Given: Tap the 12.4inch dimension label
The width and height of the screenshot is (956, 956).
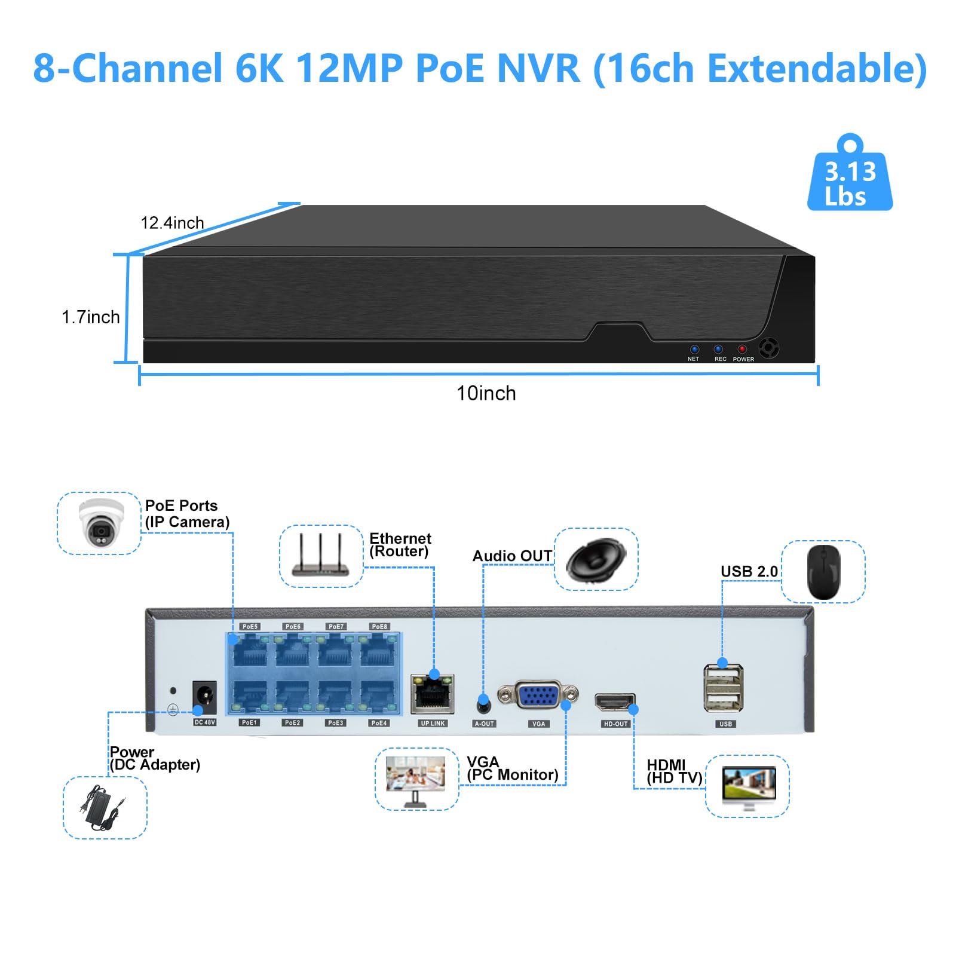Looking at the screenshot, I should click(x=172, y=223).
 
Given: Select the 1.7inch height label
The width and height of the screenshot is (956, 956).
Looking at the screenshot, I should click(x=91, y=317).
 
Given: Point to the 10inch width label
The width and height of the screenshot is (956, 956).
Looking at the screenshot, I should click(x=486, y=393).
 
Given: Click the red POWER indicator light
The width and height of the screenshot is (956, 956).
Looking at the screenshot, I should click(x=742, y=350).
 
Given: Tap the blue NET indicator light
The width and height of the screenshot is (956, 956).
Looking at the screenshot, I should click(x=694, y=350).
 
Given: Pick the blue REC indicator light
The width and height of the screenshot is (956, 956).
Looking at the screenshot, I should click(x=718, y=350).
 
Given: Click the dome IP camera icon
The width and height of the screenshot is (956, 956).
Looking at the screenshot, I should click(x=100, y=523).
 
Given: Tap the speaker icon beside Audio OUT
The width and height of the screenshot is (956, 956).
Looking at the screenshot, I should click(x=595, y=559).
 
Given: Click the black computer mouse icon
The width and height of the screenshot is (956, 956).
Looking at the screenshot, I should click(x=823, y=571).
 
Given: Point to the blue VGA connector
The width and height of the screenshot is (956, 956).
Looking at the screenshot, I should click(x=538, y=695).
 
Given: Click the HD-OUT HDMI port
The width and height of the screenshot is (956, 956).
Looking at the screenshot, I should click(x=614, y=702).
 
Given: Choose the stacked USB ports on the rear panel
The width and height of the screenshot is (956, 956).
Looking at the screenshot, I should click(x=724, y=688).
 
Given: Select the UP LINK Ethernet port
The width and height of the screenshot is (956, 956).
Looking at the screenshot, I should click(x=432, y=694).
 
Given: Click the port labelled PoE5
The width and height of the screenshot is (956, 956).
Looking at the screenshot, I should click(x=250, y=651).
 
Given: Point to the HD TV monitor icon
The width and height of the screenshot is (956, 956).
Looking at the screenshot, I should click(x=747, y=786).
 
